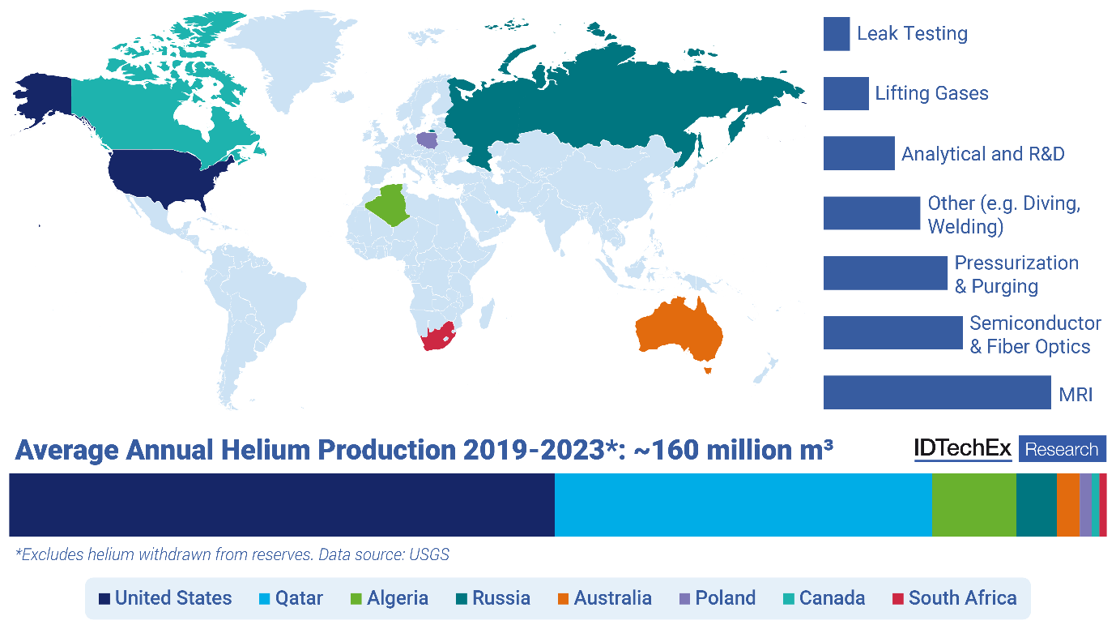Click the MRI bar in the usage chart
tap(937, 392)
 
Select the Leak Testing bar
tap(837, 34)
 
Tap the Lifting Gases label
tap(931, 93)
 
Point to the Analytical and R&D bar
tap(859, 153)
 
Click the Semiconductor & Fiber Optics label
tap(1035, 335)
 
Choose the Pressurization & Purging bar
tap(885, 273)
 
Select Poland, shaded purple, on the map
tap(427, 139)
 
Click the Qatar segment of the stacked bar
tap(743, 505)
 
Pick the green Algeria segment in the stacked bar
tap(973, 505)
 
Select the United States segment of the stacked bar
tap(281, 505)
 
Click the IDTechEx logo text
tap(963, 449)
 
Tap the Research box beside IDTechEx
tap(1062, 449)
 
